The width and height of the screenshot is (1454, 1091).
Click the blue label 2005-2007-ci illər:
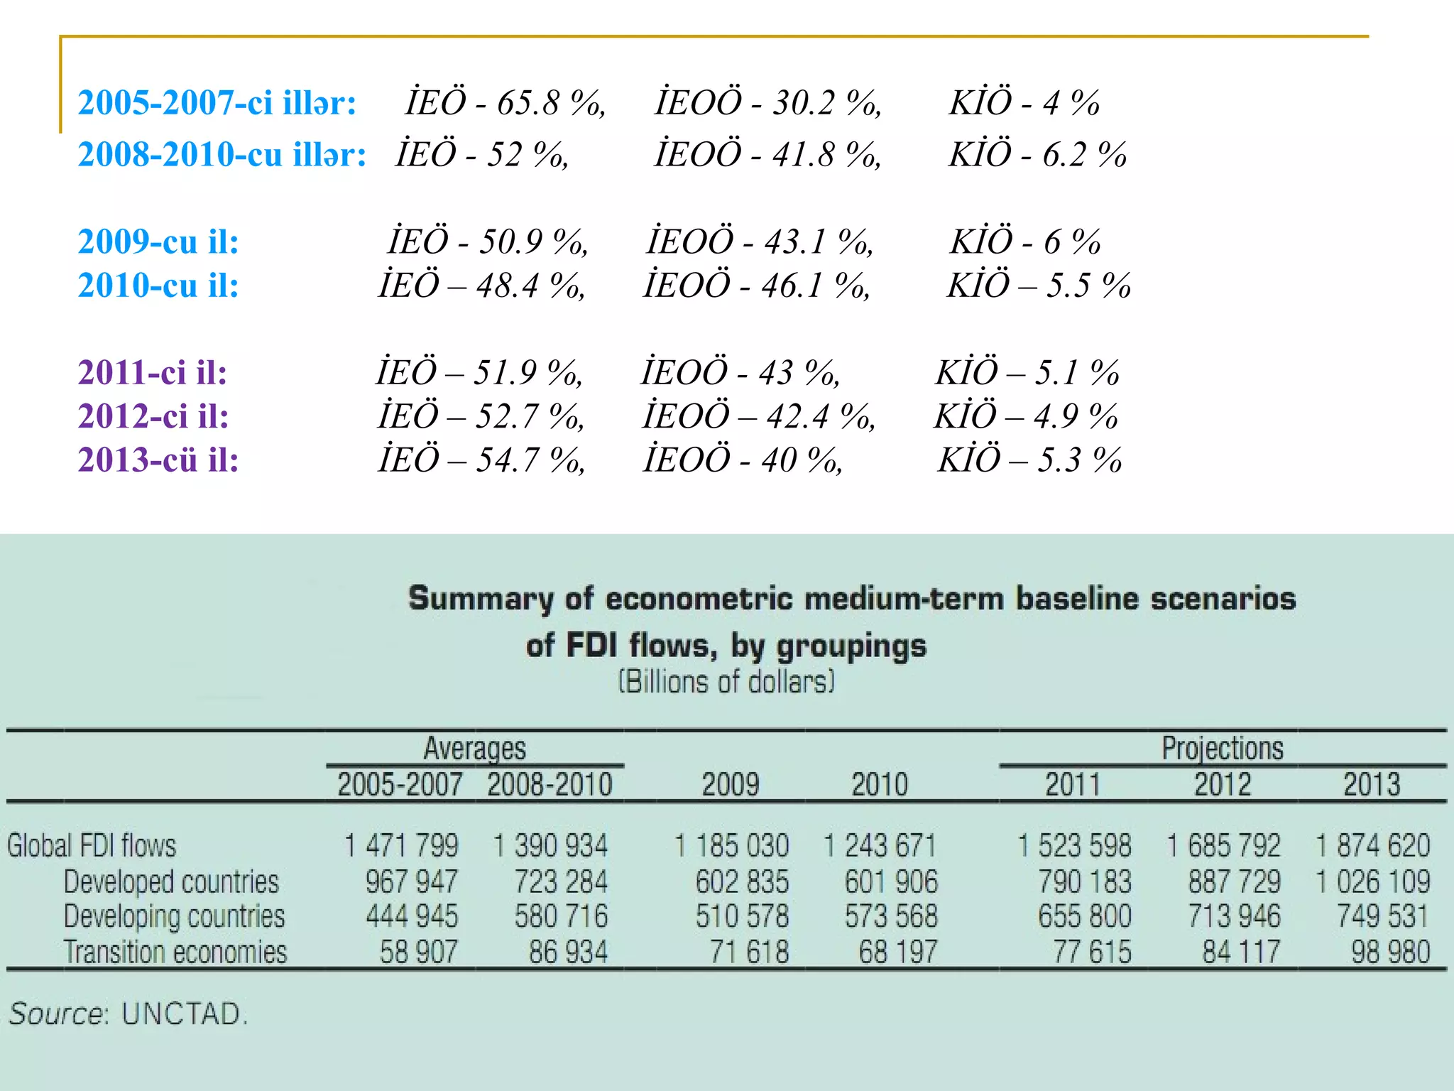click(x=217, y=103)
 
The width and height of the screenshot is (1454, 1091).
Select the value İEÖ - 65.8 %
click(x=505, y=103)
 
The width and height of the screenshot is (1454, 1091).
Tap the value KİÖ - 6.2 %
click(x=1038, y=155)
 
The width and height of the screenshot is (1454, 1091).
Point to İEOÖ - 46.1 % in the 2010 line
click(x=756, y=286)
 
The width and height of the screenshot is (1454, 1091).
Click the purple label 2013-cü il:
click(x=158, y=460)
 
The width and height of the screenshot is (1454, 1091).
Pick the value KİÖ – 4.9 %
click(x=1026, y=416)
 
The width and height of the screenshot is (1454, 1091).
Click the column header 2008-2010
click(x=550, y=785)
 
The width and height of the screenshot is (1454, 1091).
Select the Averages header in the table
click(x=475, y=748)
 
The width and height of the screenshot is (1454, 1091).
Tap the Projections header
click(x=1223, y=748)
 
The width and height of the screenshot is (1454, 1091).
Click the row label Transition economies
click(x=175, y=952)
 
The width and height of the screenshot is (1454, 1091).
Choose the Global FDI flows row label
click(x=92, y=845)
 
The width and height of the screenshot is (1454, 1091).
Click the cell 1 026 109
click(x=1373, y=881)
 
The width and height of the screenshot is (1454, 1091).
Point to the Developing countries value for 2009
click(x=742, y=916)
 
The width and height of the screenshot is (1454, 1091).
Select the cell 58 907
click(x=418, y=952)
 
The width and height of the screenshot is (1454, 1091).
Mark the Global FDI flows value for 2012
click(x=1224, y=845)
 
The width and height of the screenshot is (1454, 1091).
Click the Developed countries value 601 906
click(x=891, y=881)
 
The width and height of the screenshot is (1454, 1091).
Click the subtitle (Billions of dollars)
click(x=726, y=682)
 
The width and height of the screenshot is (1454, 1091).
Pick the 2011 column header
click(x=1073, y=785)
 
